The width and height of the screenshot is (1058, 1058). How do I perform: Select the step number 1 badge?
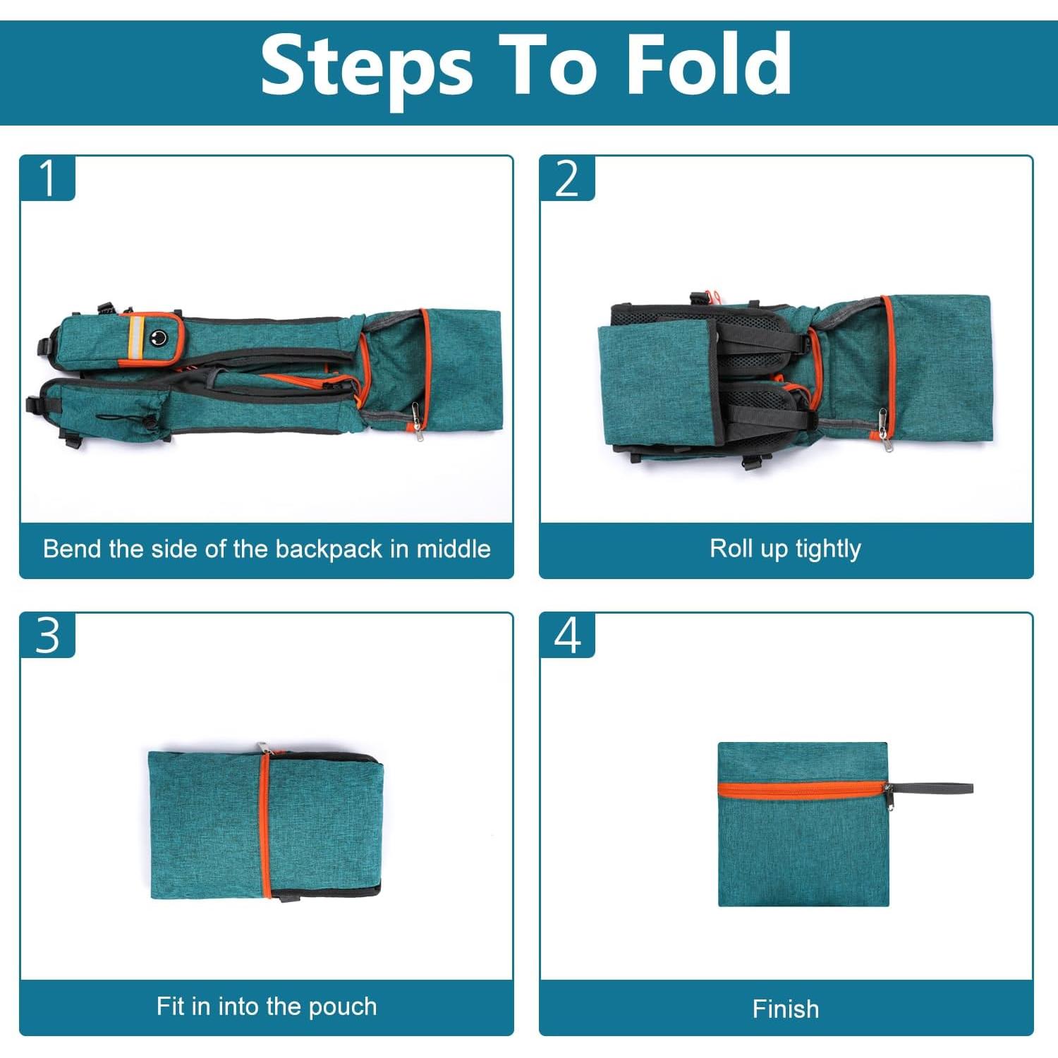point(47,178)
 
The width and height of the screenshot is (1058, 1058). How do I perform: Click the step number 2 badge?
point(567,178)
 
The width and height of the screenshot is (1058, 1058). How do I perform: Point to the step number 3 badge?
point(47,636)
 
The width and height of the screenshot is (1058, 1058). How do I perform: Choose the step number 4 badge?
point(567,636)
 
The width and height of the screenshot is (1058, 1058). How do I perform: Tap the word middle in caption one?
point(454,549)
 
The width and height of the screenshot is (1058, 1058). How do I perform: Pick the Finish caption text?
point(786,1009)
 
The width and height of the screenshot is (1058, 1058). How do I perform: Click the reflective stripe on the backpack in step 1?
point(135,338)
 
